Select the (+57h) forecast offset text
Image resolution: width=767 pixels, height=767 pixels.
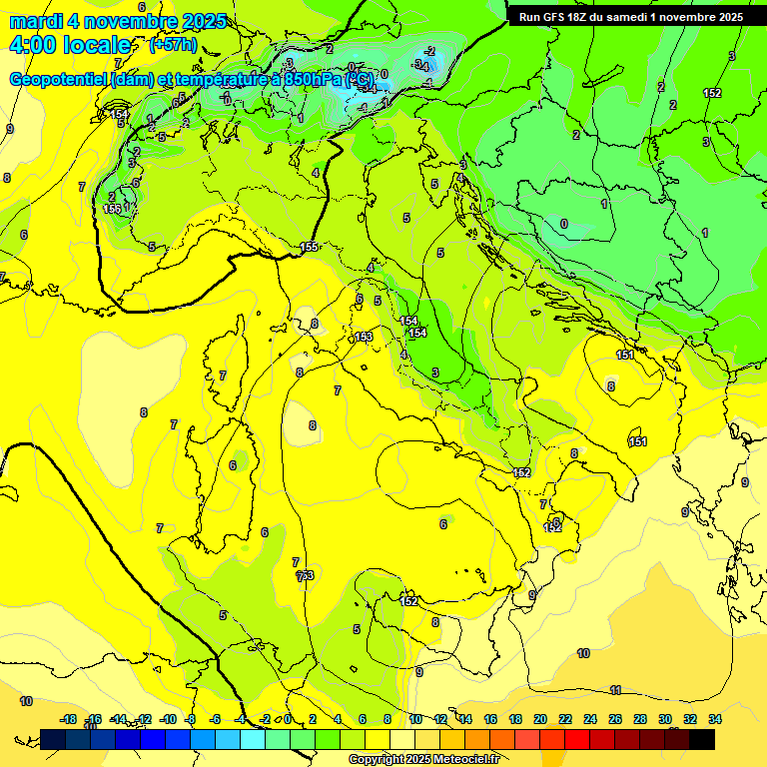tap(172, 45)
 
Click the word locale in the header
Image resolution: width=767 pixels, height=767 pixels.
tap(97, 45)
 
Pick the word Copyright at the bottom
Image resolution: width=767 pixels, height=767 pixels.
tap(378, 760)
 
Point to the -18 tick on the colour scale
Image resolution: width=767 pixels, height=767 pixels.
tap(68, 719)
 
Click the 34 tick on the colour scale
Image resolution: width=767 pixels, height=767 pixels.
tap(714, 719)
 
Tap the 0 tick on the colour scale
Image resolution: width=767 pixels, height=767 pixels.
tap(288, 719)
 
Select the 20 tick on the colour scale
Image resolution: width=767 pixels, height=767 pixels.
tap(540, 719)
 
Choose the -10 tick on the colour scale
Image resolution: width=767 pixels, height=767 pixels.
tap(168, 719)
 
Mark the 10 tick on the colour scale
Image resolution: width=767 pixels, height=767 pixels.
tap(415, 719)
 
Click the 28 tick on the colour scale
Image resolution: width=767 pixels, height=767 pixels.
tap(640, 719)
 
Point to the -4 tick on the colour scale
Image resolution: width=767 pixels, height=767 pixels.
tap(240, 719)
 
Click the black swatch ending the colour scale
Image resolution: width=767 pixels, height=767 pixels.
tap(702, 740)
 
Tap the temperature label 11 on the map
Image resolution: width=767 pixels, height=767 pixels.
tap(615, 690)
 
